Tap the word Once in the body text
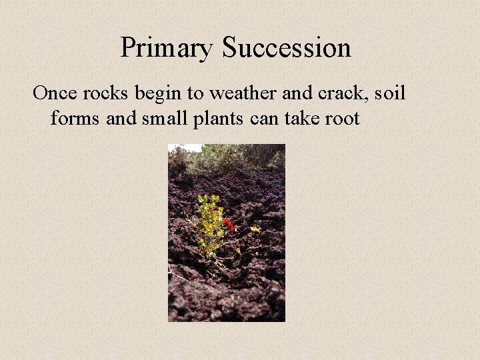pos(55,93)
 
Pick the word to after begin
pos(190,93)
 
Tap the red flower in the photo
pos(229,225)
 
